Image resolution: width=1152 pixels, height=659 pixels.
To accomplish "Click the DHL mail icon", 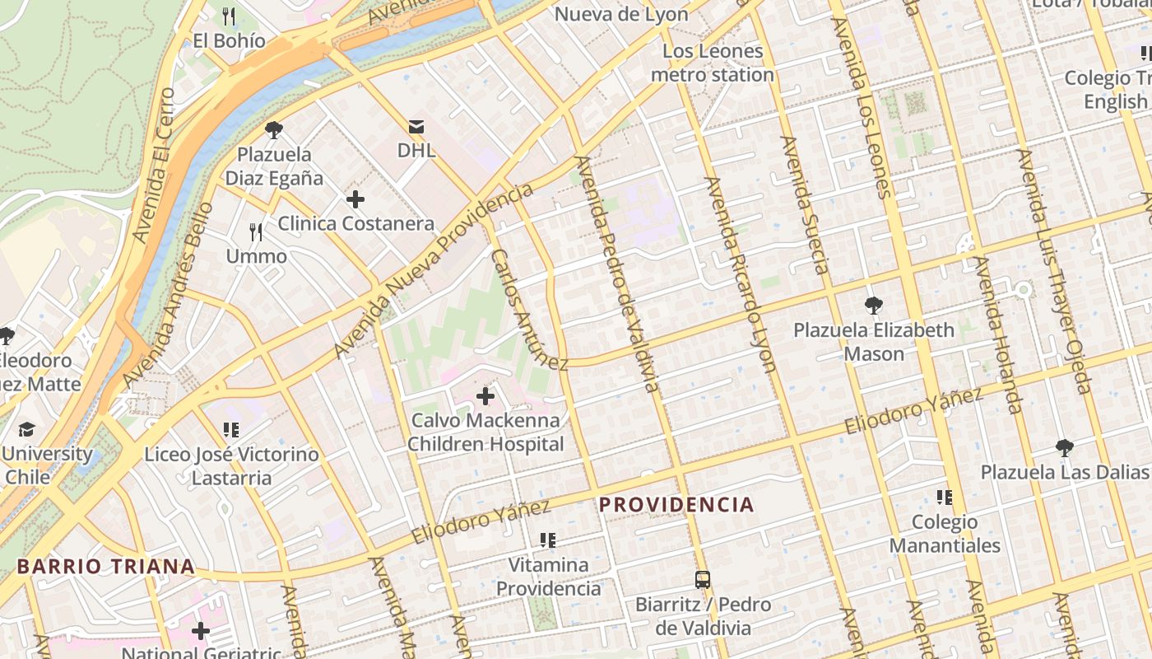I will pos(416,127).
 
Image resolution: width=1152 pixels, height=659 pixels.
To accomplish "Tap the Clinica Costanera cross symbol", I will pos(355,199).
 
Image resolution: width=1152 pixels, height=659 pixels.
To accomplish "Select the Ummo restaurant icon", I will pos(257,232).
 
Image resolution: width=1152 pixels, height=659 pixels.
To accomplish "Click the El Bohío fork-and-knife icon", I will pos(230,16).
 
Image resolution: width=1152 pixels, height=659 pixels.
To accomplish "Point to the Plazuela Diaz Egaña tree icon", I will pos(274,129).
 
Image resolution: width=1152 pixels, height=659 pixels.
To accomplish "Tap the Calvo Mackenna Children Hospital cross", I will pos(485,396).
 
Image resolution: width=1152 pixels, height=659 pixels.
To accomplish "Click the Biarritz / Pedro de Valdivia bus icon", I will pos(702,580).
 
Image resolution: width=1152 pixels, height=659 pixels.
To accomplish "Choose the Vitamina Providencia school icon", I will pos(548,540).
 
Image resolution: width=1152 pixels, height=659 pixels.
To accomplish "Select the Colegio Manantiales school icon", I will pos(945,498).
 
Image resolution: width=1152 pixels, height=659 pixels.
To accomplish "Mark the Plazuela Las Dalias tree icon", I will pos(1065,448).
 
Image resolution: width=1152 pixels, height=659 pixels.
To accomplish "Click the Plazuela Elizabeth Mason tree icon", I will pos(874,306).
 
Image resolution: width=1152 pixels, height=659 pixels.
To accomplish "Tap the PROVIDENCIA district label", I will pos(676,505).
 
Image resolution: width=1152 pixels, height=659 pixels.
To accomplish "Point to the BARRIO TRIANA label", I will pos(106,567).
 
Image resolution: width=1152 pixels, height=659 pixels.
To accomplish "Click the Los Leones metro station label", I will pos(713,63).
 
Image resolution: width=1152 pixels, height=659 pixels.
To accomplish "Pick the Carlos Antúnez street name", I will pos(529,309).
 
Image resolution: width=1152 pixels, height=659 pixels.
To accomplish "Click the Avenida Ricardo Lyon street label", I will pos(739,274).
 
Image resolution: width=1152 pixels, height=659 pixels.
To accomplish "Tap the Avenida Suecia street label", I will pos(804,205).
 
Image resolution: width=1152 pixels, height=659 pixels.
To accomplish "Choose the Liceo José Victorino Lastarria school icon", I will pos(231,430).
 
